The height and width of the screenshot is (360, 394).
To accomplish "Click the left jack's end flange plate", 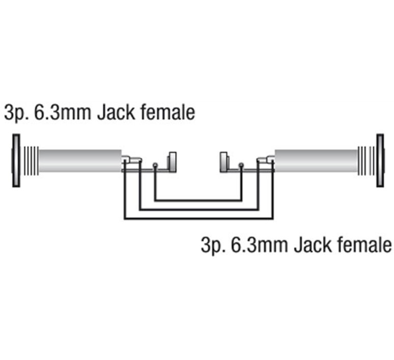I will click(x=16, y=160).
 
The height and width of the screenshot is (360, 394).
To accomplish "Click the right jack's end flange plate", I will click(x=380, y=160).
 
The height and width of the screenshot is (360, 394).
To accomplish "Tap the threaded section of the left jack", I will click(x=31, y=160).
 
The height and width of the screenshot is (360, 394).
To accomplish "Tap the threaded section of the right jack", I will click(x=365, y=160).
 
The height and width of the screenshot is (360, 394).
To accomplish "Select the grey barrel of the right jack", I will click(x=316, y=160).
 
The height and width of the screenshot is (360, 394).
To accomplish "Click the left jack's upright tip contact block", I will click(x=172, y=162).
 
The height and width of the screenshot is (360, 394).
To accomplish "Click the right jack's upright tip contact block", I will click(x=223, y=162).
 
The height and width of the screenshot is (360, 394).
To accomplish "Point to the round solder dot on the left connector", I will click(x=155, y=165).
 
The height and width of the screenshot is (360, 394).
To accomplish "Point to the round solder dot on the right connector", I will click(x=241, y=165).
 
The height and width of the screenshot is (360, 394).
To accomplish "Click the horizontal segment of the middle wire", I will click(x=199, y=209).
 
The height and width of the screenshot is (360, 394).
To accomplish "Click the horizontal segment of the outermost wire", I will click(x=199, y=219).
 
